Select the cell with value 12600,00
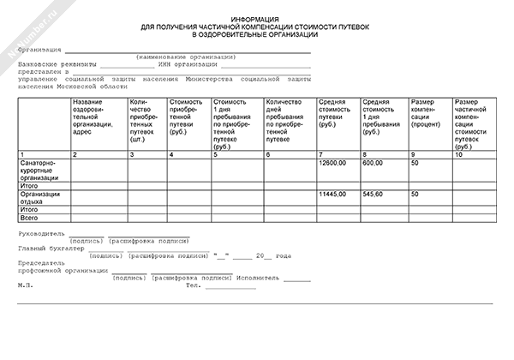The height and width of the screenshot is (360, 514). coord(332,162)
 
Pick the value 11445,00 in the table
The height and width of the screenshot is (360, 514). coord(332,195)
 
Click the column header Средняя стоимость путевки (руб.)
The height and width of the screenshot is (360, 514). coord(332,114)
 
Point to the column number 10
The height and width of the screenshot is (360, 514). coord(460,154)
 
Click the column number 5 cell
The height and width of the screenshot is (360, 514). coord(215,154)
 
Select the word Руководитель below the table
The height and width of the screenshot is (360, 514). coord(42,233)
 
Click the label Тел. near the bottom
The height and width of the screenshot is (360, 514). coord(194,285)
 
